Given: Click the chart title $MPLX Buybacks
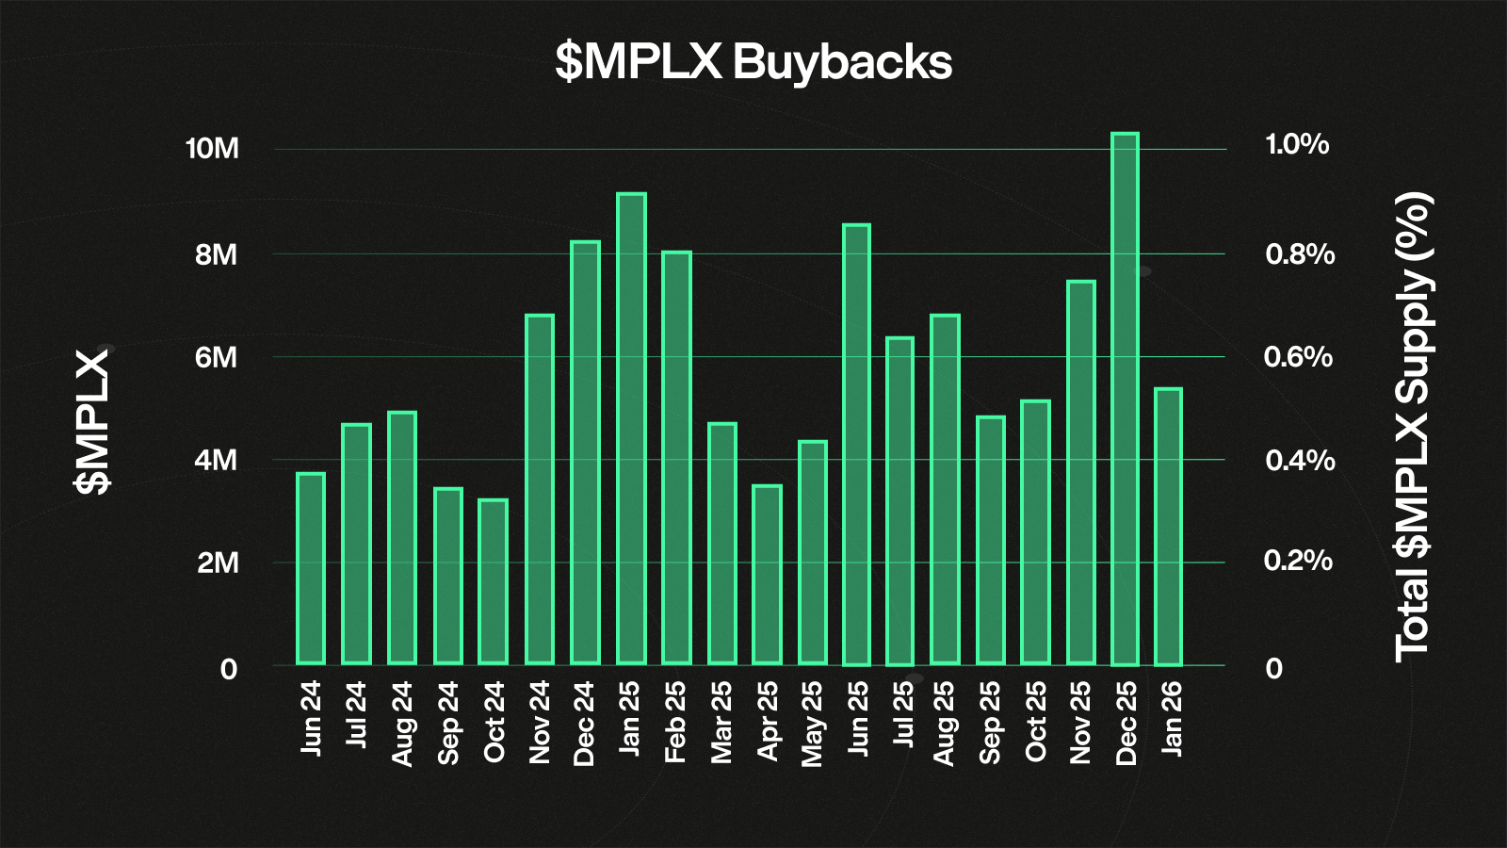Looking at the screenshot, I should tap(753, 62).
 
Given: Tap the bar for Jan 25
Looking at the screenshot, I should tap(631, 429).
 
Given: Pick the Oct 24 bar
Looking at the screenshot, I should tap(493, 581).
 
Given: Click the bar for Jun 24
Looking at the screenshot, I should tap(311, 568).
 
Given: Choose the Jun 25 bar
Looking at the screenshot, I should tap(856, 445).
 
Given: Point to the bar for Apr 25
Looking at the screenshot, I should tap(767, 575).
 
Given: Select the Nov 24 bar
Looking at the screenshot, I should tap(540, 489).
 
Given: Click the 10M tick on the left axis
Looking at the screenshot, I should tap(212, 149).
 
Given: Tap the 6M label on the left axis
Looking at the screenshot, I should tap(216, 357).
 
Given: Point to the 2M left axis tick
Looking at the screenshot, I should tap(217, 563).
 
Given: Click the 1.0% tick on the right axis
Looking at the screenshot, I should tap(1297, 144).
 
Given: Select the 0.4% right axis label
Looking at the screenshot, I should tap(1299, 460).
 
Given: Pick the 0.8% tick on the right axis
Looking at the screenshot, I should tap(1299, 254).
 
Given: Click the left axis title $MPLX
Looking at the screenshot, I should tap(92, 421).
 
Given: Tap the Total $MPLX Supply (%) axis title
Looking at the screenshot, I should tap(1413, 426).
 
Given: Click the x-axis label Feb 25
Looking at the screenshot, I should tap(675, 722).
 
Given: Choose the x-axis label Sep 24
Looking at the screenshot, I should tap(448, 723).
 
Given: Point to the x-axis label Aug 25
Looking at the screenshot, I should tap(944, 723).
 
